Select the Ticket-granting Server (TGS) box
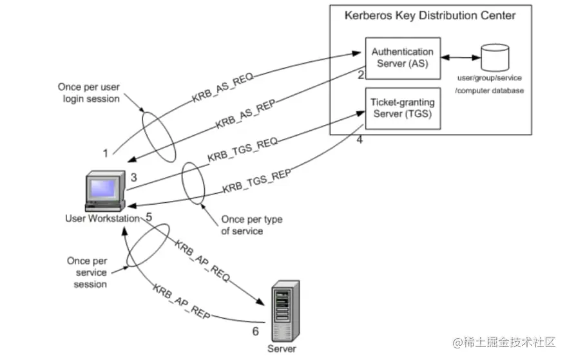pos(402,108)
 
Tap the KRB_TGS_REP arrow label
pos(256,182)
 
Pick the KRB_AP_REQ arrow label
pos(202,256)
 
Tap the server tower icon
pos(284,311)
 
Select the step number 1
pos(105,153)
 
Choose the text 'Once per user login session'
pos(89,93)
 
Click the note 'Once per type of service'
pos(251,225)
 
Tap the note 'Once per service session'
pos(86,272)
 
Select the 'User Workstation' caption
pos(102,218)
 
